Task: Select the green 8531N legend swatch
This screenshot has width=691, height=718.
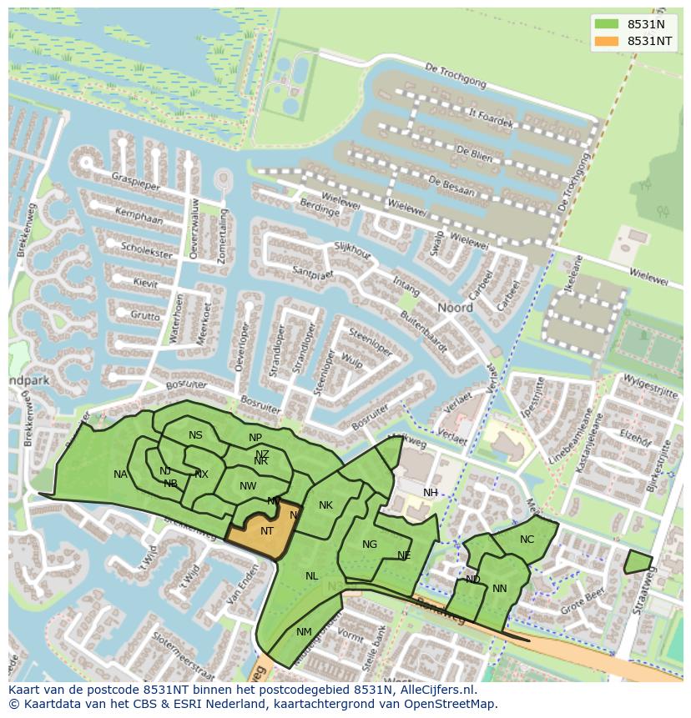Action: point(607,24)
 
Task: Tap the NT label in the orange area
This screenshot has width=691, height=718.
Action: point(267,530)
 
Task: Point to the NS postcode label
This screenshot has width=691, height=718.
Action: point(195,435)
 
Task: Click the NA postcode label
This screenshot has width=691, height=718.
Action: point(121,474)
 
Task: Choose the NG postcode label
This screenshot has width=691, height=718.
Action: point(370,545)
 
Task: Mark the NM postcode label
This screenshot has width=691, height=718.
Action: point(304,632)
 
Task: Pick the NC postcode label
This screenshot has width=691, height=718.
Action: point(527,540)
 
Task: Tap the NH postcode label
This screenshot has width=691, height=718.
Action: point(431,493)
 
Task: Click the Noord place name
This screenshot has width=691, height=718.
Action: point(456,308)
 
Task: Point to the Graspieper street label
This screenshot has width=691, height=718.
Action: point(136,181)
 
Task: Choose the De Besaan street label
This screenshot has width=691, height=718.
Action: point(451,186)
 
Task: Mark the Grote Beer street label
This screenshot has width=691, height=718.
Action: point(583,603)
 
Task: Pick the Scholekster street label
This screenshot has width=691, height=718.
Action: point(146,249)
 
